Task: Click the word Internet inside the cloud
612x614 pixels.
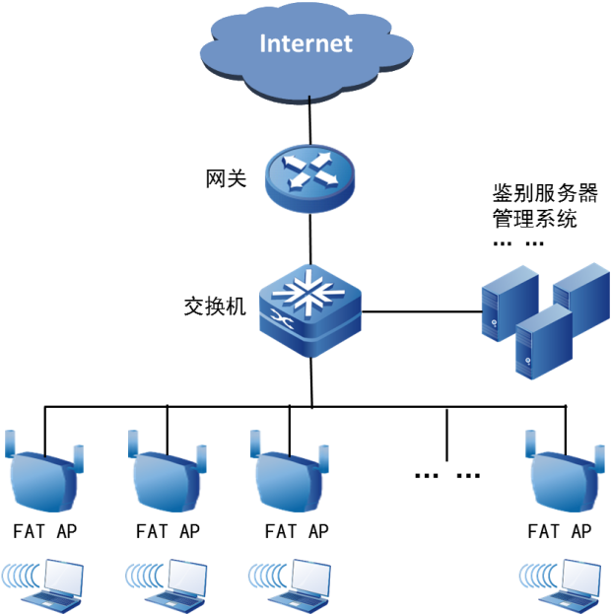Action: (306, 43)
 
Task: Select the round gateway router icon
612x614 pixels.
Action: (308, 175)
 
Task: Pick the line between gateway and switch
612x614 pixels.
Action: (310, 237)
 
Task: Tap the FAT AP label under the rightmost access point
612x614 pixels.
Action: (559, 531)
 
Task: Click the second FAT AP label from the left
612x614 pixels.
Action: (168, 531)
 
